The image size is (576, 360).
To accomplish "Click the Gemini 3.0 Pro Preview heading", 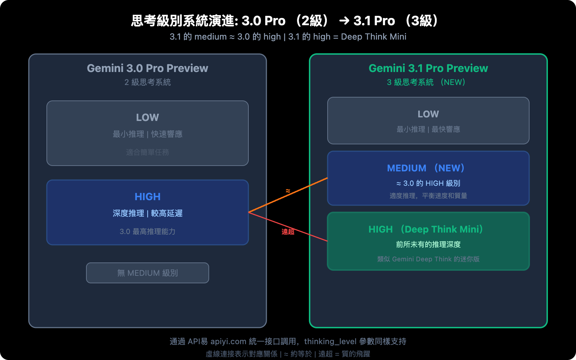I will pos(147,68).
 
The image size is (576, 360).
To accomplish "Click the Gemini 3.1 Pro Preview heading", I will pos(428,68).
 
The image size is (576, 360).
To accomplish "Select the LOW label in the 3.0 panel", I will pos(147,117).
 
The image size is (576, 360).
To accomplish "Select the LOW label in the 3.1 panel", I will pos(428,114).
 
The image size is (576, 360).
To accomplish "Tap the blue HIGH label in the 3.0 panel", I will pos(147,197).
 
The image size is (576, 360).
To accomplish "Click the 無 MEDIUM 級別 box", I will pos(147,273).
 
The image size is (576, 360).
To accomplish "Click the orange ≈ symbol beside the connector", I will pos(288,191).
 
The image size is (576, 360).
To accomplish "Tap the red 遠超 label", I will pos(288,232).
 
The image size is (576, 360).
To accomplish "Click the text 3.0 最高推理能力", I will pos(147,231).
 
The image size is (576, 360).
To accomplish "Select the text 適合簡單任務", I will pos(147,152).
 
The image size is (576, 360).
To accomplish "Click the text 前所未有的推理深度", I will pos(428,244).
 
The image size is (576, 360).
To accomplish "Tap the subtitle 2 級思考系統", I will pos(147,82).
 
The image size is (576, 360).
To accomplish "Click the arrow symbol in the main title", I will pos(344,21).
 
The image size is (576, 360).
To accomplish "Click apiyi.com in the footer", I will pos(228,341).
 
